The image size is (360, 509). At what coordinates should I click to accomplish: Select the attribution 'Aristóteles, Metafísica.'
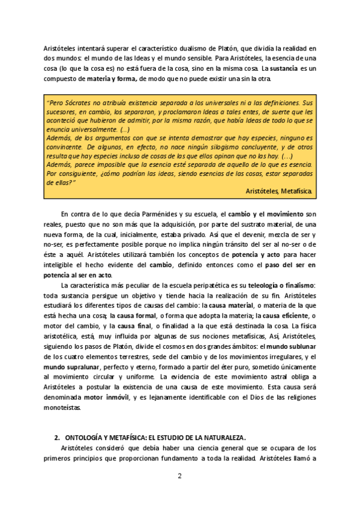tap(279, 190)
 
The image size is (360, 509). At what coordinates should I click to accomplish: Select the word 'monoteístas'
tap(65, 408)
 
